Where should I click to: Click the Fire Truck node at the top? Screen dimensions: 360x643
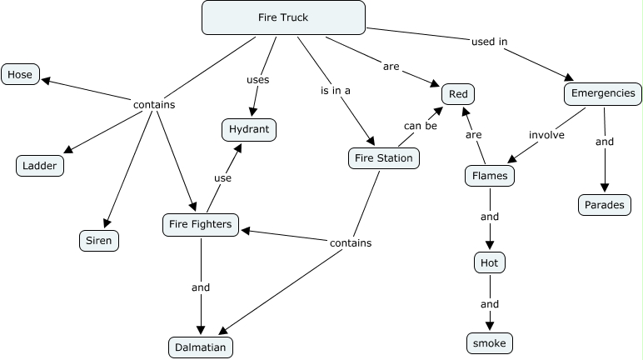point(283,17)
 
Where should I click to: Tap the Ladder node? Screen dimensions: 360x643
point(40,165)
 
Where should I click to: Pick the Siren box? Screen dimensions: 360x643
point(94,241)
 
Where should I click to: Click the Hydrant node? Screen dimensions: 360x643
point(248,129)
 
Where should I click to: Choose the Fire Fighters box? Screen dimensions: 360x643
point(201,224)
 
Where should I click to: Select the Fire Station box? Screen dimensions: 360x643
point(383,157)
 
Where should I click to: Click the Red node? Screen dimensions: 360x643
point(459,94)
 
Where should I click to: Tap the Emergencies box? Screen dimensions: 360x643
point(604,93)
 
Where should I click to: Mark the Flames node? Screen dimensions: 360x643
point(490,177)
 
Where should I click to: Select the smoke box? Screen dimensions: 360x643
point(489,342)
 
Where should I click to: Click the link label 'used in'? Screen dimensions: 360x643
point(490,41)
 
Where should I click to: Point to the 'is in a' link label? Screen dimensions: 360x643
point(336,90)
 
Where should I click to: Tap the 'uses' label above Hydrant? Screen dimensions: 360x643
point(257,79)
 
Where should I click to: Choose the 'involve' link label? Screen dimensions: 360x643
point(546,133)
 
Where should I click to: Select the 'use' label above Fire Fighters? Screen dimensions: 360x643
point(222,177)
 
